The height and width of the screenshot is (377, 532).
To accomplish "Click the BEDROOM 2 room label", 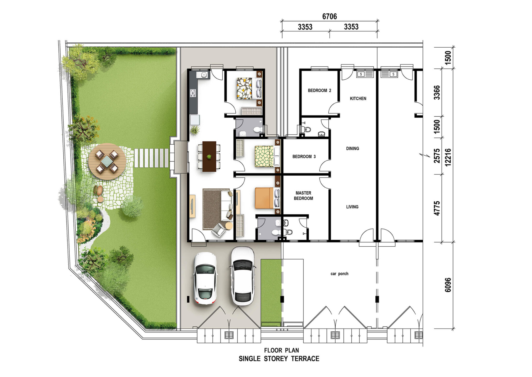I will tap(319, 91).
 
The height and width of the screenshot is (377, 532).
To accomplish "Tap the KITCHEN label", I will tap(358, 99).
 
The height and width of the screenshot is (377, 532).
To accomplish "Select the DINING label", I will tap(353, 149).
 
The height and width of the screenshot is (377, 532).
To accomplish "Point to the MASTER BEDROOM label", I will tap(303, 196).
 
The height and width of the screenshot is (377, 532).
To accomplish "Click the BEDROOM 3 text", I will tap(304, 157).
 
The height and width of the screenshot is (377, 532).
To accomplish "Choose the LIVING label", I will tap(352, 207).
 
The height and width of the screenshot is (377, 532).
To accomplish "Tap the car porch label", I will tap(339, 274).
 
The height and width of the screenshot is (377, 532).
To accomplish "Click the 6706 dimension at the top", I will tap(329, 17).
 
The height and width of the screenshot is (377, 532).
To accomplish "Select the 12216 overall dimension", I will tap(448, 157).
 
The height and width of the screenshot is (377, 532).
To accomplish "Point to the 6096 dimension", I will tap(448, 285).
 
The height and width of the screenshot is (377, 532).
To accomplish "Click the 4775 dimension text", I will tap(437, 208).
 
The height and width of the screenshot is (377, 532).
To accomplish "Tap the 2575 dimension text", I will tap(437, 156).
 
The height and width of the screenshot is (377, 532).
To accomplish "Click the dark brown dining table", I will tap(209, 156).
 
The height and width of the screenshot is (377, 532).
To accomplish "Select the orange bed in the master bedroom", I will tap(264, 198).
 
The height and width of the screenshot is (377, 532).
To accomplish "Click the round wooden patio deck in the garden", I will tap(107, 162).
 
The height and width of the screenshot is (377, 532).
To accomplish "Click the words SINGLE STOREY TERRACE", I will tap(279, 359).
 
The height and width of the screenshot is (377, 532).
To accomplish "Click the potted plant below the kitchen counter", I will tap(195, 130).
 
